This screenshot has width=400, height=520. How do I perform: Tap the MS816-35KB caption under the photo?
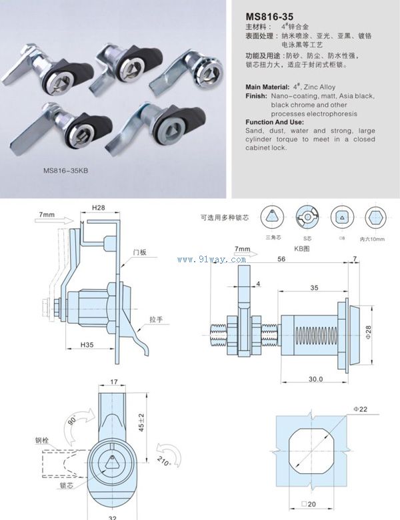[66, 170]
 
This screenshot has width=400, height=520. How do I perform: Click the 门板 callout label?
[139, 252]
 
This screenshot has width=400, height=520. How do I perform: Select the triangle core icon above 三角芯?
[273, 216]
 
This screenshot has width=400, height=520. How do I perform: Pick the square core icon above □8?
[339, 216]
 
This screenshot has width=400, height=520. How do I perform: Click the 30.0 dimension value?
[316, 378]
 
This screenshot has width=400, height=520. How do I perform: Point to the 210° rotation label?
[164, 461]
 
